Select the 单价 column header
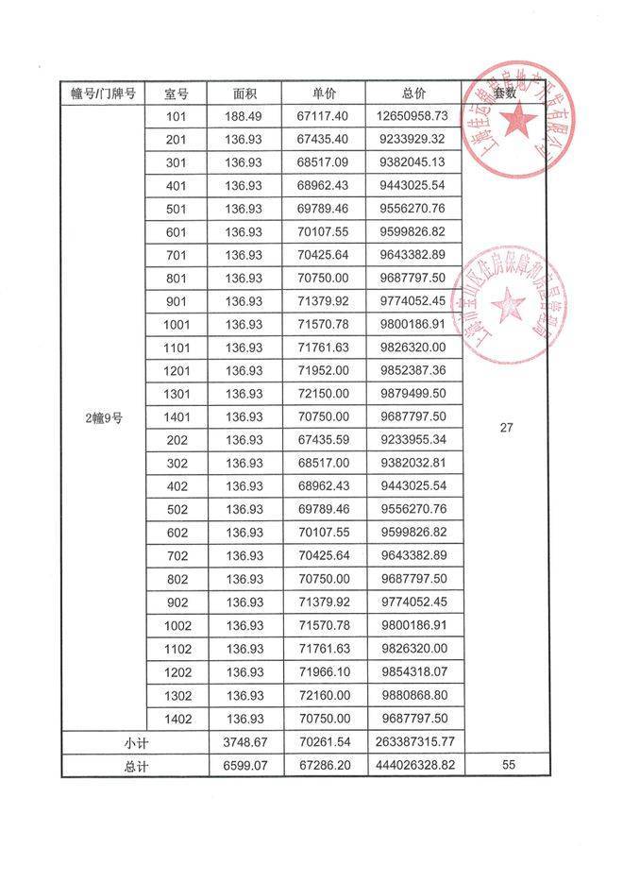(x=324, y=93)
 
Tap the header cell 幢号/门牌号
(x=103, y=93)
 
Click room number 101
(x=176, y=116)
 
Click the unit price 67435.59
(x=324, y=439)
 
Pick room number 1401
(x=176, y=416)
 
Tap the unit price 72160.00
(x=324, y=694)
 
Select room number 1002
(x=176, y=625)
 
